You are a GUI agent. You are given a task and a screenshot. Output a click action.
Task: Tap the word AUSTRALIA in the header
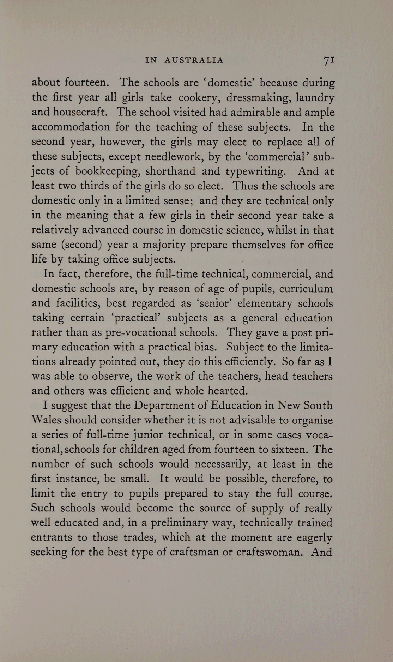pyautogui.click(x=194, y=60)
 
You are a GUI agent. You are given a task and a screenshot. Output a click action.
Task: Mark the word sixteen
pyautogui.click(x=283, y=449)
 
